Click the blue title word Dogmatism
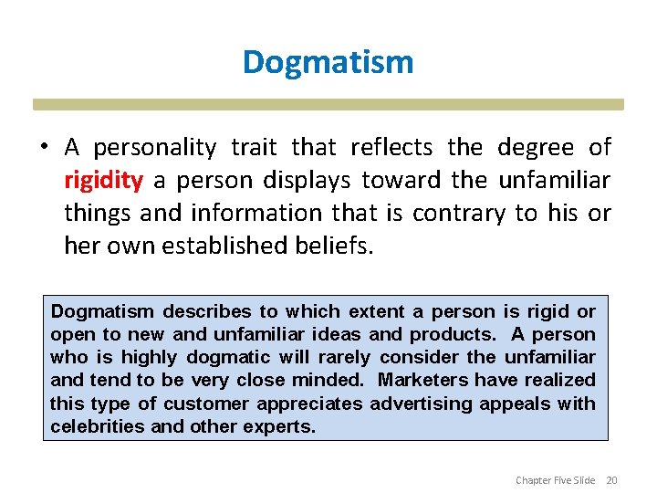point(328,62)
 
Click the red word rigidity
point(103,180)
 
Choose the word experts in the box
point(282,426)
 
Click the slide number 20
point(612,480)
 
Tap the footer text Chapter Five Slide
point(555,480)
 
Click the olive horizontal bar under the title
point(328,104)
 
